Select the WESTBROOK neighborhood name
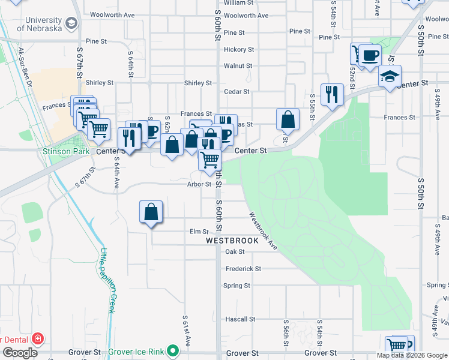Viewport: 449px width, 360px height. [x=232, y=241]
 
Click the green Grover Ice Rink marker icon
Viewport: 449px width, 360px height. [x=173, y=350]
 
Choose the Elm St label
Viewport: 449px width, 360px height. [x=198, y=232]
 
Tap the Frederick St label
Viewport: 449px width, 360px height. [x=243, y=269]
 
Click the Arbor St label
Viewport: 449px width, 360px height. [x=199, y=184]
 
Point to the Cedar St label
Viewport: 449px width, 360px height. [x=236, y=92]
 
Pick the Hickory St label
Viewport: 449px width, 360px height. [x=238, y=50]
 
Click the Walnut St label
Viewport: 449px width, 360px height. [x=238, y=66]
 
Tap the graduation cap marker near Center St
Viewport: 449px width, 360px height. [x=390, y=76]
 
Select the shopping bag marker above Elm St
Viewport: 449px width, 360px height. [x=151, y=212]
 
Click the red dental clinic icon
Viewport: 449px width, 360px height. [x=38, y=339]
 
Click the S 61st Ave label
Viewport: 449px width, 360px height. [x=187, y=331]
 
